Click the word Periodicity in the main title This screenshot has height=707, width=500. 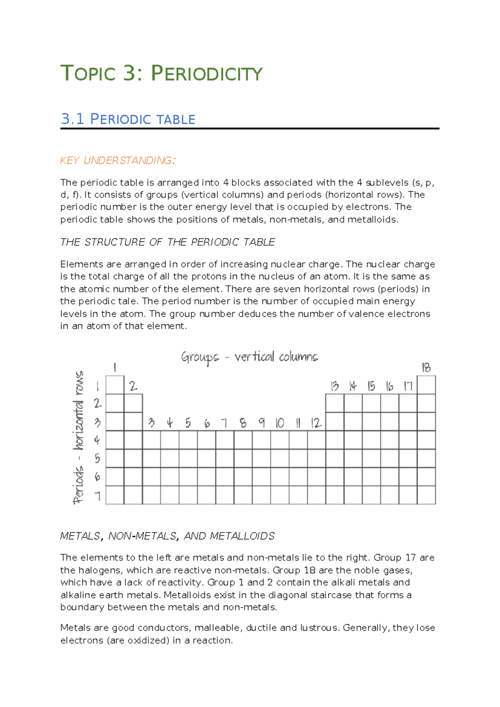(x=207, y=74)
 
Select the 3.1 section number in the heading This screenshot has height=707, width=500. (x=72, y=119)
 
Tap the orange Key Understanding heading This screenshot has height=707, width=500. (x=118, y=160)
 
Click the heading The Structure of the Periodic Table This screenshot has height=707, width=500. (x=167, y=242)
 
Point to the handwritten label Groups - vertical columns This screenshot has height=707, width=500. (x=249, y=357)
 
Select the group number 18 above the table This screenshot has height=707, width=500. (x=426, y=368)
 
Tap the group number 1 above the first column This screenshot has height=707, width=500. (x=115, y=367)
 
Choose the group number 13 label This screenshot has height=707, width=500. (x=335, y=386)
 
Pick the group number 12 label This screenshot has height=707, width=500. (x=316, y=423)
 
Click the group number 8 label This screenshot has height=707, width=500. (x=243, y=423)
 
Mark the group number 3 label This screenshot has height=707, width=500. (x=151, y=423)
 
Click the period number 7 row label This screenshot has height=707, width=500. (x=97, y=496)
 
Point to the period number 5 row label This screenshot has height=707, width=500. (x=97, y=459)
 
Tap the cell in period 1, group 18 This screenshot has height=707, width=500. (x=426, y=385)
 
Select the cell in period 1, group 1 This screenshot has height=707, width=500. (x=115, y=385)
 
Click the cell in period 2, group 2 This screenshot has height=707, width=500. (x=133, y=403)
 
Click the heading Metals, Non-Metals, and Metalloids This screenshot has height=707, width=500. (x=167, y=536)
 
